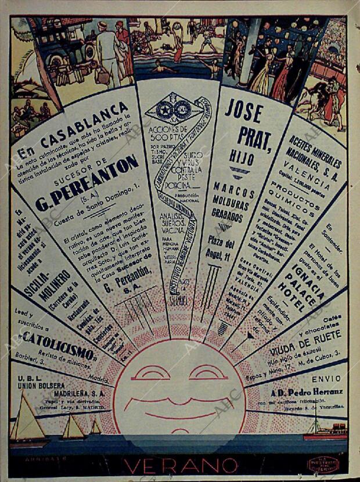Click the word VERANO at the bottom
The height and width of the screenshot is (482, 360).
pyautogui.click(x=180, y=465)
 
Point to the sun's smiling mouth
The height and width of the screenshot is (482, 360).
pyautogui.click(x=179, y=407)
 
